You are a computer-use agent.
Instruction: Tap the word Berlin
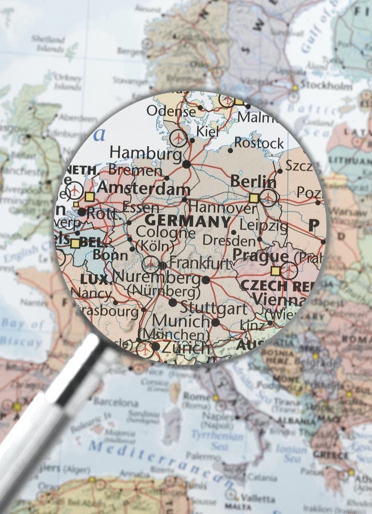pos(253,182)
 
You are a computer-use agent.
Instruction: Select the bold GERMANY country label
pos(188,221)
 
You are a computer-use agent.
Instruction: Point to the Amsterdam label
pos(143,189)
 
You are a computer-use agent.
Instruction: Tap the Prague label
pos(260,256)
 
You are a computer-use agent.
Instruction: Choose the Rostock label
pos(259,143)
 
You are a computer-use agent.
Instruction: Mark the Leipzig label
pos(263,225)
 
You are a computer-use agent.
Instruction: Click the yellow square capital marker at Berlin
pos(253,198)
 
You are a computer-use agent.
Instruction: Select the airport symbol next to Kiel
pos(179,138)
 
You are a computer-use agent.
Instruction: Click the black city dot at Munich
pos(215,322)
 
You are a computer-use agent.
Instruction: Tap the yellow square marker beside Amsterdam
pos(89,196)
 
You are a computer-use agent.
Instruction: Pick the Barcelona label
pos(116,401)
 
